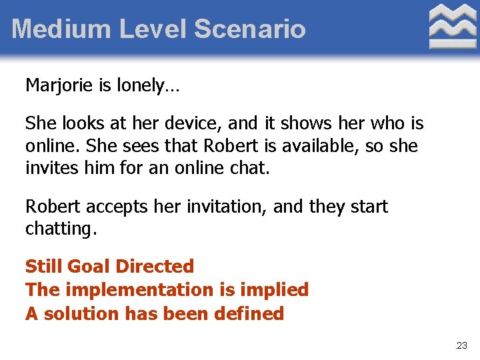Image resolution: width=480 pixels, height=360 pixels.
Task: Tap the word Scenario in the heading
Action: click(250, 29)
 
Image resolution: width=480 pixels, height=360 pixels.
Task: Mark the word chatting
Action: click(61, 230)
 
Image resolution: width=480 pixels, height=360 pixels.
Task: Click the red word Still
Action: click(41, 267)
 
